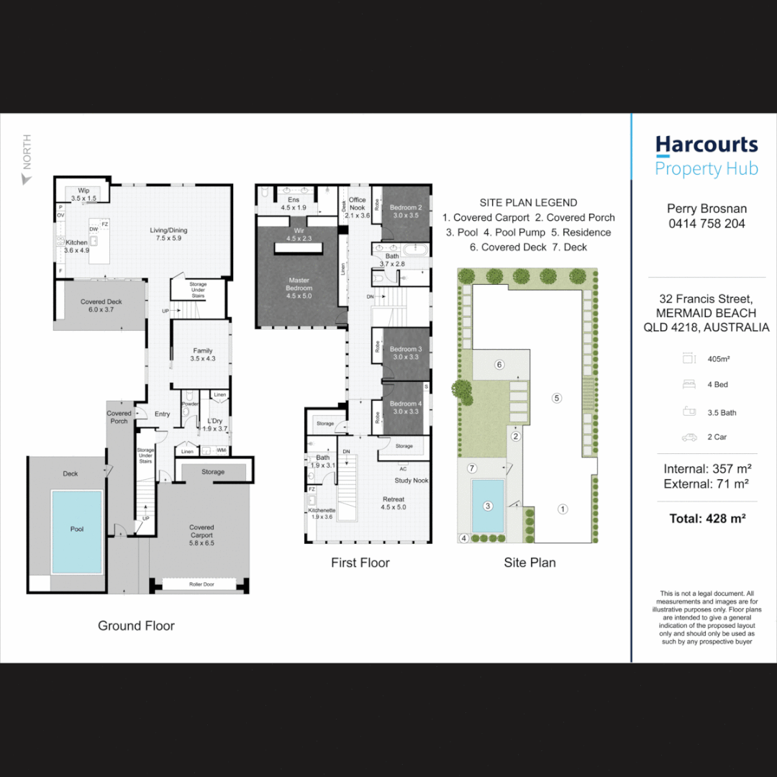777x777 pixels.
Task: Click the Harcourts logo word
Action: coord(706,145)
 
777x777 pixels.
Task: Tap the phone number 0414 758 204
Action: coord(706,224)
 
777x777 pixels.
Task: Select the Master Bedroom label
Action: coord(299,284)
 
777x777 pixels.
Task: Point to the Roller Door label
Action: coord(201,585)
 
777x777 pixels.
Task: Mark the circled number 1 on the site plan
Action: coord(563,509)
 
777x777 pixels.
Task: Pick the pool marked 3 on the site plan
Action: coord(488,505)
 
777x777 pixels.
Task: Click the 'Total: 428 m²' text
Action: coord(706,517)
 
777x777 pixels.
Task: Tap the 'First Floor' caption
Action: coord(360,563)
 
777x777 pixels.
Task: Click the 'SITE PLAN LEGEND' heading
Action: coord(528,203)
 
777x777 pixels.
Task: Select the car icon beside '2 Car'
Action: coord(689,437)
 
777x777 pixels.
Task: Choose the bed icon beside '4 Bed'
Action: coord(689,384)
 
